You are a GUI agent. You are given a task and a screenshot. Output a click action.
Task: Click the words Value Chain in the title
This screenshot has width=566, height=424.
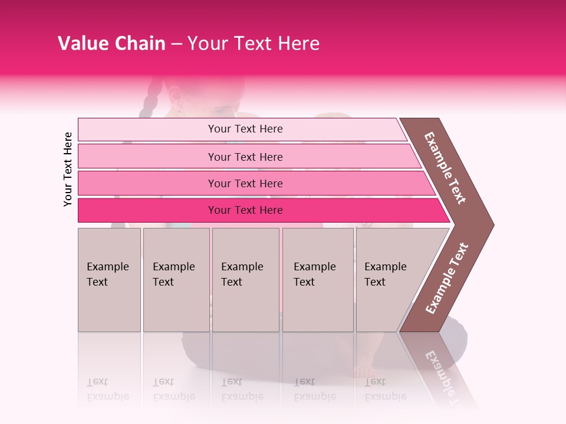pos(111,44)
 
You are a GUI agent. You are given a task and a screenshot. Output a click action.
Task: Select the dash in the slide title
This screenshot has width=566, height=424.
pos(176,44)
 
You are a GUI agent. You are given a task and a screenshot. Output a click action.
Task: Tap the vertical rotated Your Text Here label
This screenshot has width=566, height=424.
pos(68,169)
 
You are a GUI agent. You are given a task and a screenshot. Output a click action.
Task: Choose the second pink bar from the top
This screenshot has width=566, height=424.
pos(245,157)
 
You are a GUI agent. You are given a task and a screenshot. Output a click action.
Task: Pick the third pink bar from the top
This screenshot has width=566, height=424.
pos(245,183)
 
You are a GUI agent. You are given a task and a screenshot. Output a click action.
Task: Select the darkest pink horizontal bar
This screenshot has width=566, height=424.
pos(245,210)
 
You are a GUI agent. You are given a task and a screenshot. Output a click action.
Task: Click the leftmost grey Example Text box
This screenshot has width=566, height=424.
pos(109,280)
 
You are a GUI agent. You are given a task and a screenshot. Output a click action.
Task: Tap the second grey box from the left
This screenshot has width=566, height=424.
pos(176,280)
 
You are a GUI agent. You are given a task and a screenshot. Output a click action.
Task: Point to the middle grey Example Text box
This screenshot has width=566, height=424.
pos(245,280)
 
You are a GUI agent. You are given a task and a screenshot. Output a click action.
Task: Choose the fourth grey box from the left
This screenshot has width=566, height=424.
pos(318,280)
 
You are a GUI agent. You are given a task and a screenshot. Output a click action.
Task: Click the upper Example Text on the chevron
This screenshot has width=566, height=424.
pos(445,168)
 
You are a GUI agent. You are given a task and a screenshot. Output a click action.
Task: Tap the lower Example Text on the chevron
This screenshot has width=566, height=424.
pos(447,279)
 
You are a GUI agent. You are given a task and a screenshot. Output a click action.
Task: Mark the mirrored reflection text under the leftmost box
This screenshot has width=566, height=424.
pos(108,389)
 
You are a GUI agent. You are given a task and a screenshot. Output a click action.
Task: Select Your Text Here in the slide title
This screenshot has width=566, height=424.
pos(254,44)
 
